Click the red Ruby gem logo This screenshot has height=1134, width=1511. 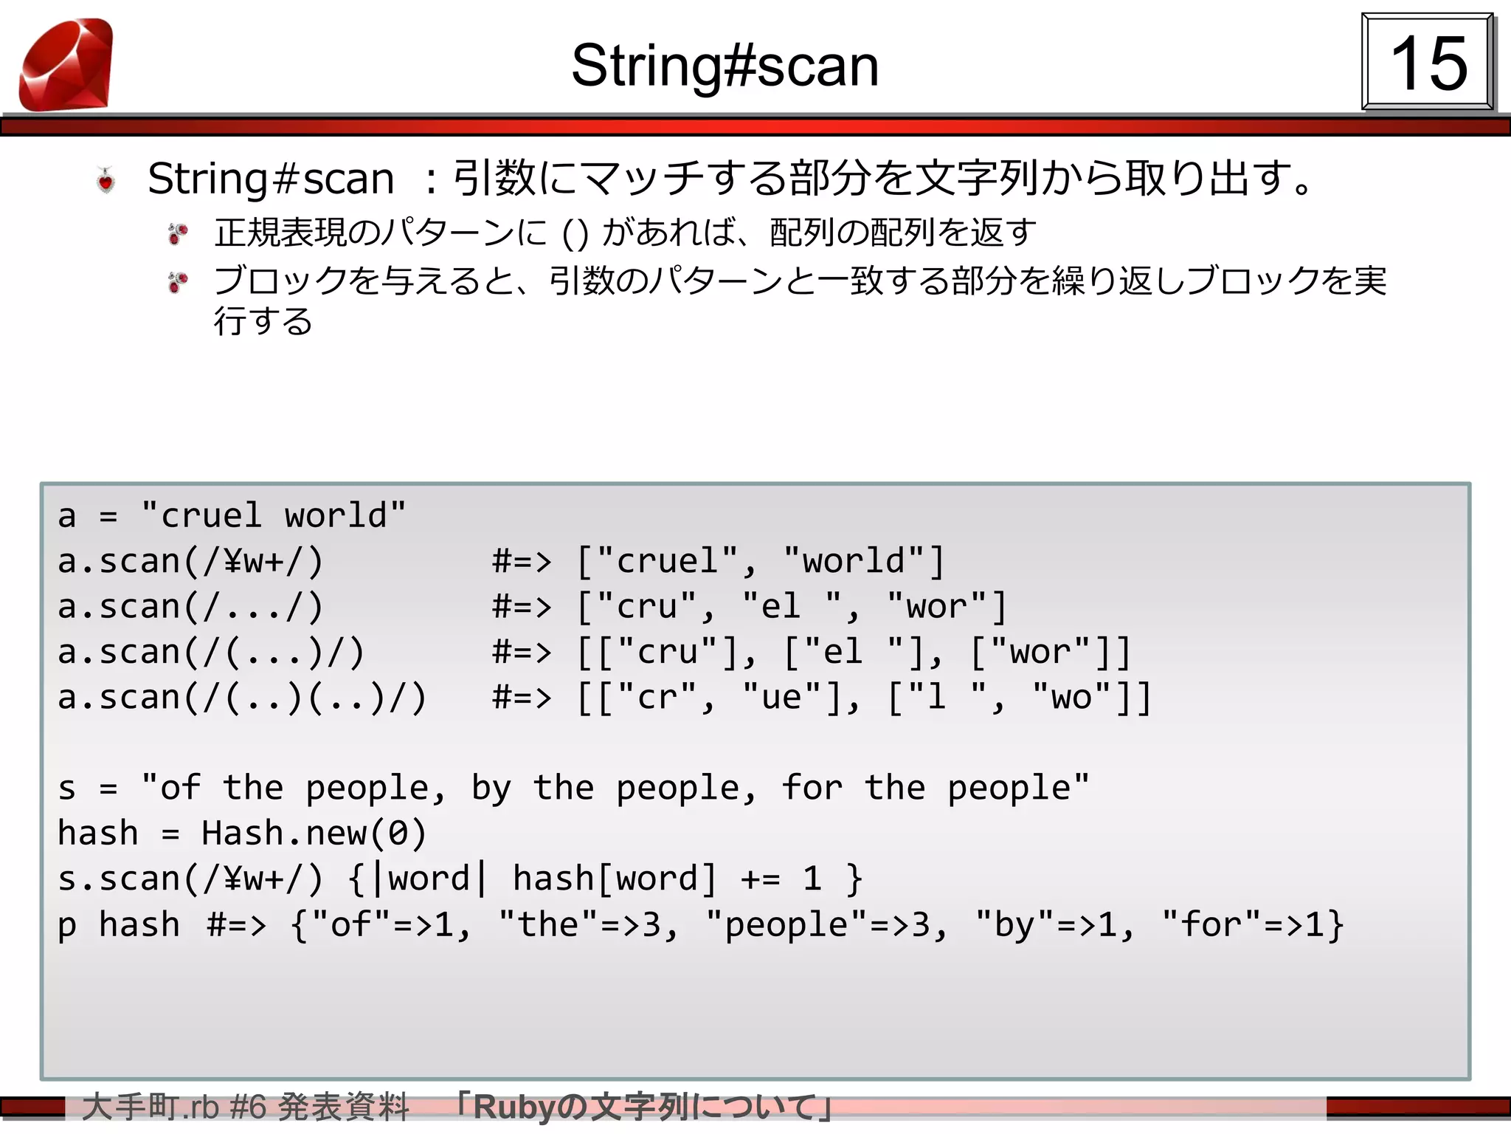point(66,65)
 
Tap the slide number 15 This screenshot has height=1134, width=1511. point(1428,63)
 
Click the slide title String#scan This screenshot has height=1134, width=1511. point(725,66)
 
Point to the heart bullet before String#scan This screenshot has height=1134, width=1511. point(106,179)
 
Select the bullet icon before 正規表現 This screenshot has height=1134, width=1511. point(178,233)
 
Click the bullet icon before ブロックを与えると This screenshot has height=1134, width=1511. point(178,282)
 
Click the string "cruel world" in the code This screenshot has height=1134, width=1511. point(273,515)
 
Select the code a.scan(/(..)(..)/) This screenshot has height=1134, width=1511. point(242,697)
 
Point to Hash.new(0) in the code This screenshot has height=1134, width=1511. point(314,834)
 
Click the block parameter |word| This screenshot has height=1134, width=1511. point(429,879)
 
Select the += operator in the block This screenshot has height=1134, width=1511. point(760,879)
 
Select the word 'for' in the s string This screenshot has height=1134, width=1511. point(812,788)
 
